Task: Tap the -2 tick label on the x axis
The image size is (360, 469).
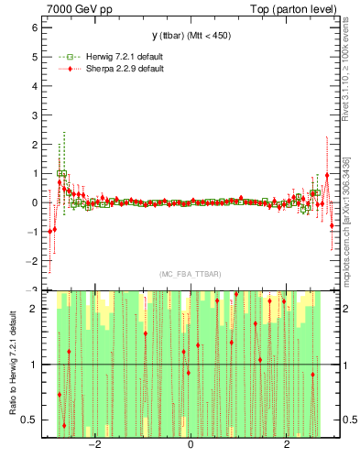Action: point(92,446)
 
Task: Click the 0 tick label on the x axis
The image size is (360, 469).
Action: point(190,446)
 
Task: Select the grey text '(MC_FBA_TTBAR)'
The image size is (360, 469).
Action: point(191,275)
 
